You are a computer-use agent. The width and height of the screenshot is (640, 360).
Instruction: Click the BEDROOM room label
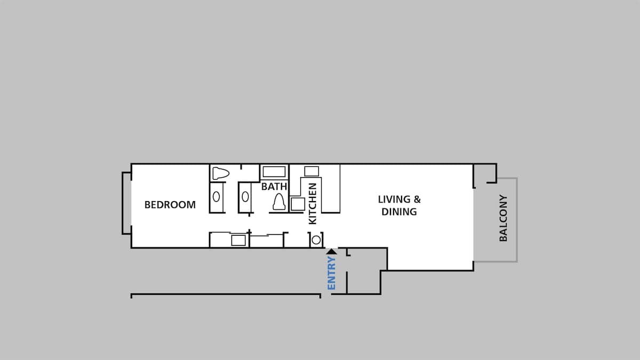pos(170,205)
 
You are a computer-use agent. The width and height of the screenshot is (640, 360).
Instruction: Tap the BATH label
pos(274,187)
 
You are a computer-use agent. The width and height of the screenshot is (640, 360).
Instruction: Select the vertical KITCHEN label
pos(313,203)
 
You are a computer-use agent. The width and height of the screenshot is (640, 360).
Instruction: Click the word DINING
pos(399,212)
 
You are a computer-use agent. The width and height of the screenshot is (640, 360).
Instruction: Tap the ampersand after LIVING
pos(417,199)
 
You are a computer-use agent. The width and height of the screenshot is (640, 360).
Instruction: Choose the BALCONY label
pos(503,218)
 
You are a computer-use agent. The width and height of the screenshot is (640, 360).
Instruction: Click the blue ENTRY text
pos(331,273)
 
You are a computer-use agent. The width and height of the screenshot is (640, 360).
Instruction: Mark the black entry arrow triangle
pos(331,251)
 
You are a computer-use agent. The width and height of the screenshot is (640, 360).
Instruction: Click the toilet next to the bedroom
pos(221,173)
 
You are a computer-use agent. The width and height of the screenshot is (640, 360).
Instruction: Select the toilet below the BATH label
pos(279,202)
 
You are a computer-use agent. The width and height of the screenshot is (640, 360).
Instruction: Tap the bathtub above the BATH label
pos(274,172)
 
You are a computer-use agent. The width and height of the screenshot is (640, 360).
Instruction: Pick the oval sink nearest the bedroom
pos(217,197)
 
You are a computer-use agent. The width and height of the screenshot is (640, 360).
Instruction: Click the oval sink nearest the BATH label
pos(245,197)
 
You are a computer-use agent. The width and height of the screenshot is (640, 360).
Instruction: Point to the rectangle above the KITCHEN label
pos(311,171)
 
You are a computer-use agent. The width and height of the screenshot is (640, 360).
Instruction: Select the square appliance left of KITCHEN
pos(298,204)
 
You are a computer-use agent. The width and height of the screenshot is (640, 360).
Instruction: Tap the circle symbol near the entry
pos(316,240)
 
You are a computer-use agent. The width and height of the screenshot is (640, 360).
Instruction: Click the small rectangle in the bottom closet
pos(238,241)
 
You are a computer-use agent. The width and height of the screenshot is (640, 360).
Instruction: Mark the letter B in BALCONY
pos(503,238)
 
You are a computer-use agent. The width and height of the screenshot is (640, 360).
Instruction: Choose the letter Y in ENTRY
pos(331,259)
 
